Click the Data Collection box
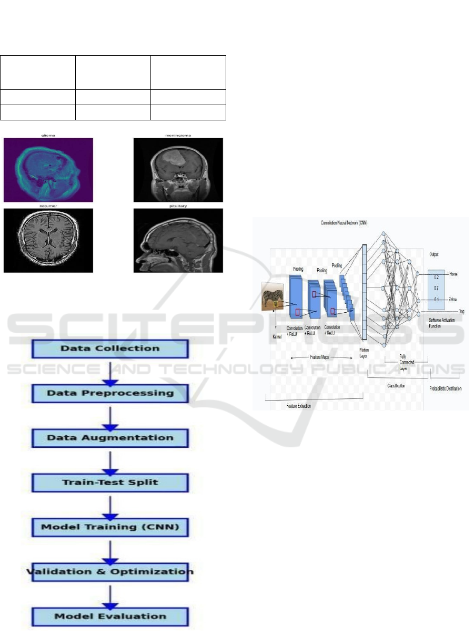coord(110,348)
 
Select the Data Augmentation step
coord(110,438)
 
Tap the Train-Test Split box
coord(110,482)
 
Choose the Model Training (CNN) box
coord(110,527)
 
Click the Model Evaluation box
coord(110,616)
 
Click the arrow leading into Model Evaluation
coord(110,594)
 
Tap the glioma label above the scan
coord(48,135)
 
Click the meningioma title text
coord(178,135)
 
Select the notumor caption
coord(48,206)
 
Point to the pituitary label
coord(178,206)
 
